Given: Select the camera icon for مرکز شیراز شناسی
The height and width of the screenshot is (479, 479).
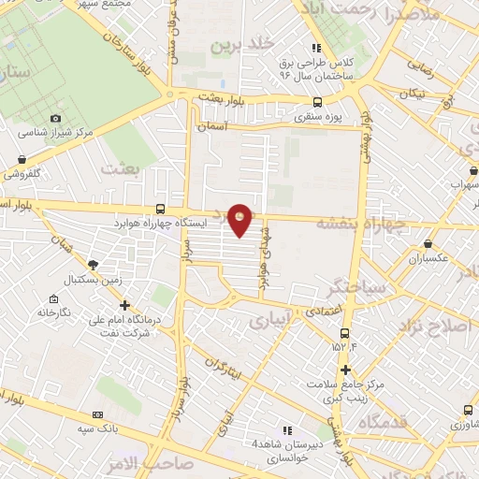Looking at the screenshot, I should tap(55, 119).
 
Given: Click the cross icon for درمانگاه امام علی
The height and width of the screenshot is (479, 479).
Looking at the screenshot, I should tap(125, 305).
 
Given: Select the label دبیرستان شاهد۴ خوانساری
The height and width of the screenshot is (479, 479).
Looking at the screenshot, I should tap(285, 452).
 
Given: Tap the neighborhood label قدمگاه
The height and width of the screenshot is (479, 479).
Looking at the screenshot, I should tap(381, 423).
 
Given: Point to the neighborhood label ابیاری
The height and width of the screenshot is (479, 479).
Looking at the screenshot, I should tap(271, 321).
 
